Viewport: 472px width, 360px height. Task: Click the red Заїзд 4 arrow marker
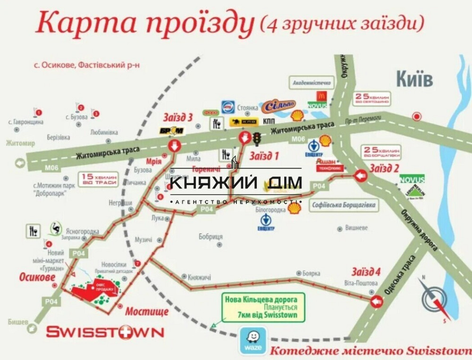click(377, 301)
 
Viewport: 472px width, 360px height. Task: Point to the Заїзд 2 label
click(384, 168)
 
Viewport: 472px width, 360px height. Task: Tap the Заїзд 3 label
click(177, 117)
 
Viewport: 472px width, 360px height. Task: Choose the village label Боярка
click(311, 273)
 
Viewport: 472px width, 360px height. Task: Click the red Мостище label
click(147, 312)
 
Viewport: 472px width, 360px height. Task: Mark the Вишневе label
click(356, 227)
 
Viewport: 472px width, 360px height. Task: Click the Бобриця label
click(211, 236)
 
